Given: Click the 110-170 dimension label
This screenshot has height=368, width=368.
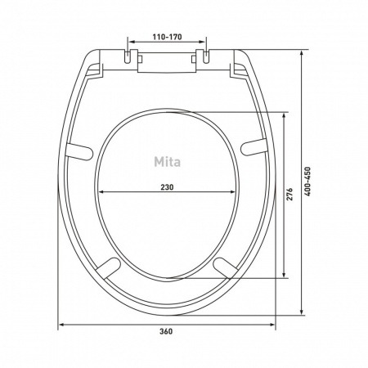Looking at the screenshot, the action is [x=167, y=37].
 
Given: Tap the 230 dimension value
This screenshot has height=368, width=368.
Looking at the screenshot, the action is [x=167, y=187].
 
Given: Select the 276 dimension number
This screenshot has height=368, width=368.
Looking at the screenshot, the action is [x=289, y=194].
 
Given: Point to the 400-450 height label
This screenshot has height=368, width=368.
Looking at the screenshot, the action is [x=307, y=182].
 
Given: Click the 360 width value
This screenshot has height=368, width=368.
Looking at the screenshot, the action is [x=166, y=331].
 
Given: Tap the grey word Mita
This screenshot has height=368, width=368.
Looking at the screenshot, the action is [x=167, y=162].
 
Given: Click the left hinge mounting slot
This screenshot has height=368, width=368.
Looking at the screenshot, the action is [x=128, y=57].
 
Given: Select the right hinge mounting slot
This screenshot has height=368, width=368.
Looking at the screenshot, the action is [x=206, y=57].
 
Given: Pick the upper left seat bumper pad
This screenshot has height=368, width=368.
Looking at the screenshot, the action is [x=79, y=151].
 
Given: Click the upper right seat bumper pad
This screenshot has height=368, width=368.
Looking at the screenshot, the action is [x=254, y=147].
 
